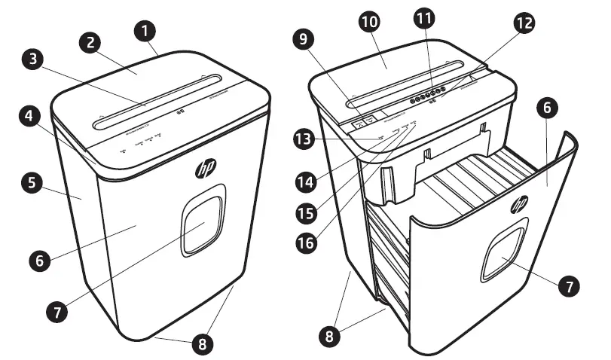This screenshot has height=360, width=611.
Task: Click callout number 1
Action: [x=146, y=31]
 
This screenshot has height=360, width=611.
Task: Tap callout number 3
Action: [x=32, y=59]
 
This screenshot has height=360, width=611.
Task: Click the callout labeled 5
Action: [x=32, y=183]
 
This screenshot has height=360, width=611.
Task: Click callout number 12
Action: [x=523, y=23]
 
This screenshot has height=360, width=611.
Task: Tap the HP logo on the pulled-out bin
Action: [x=520, y=203]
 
